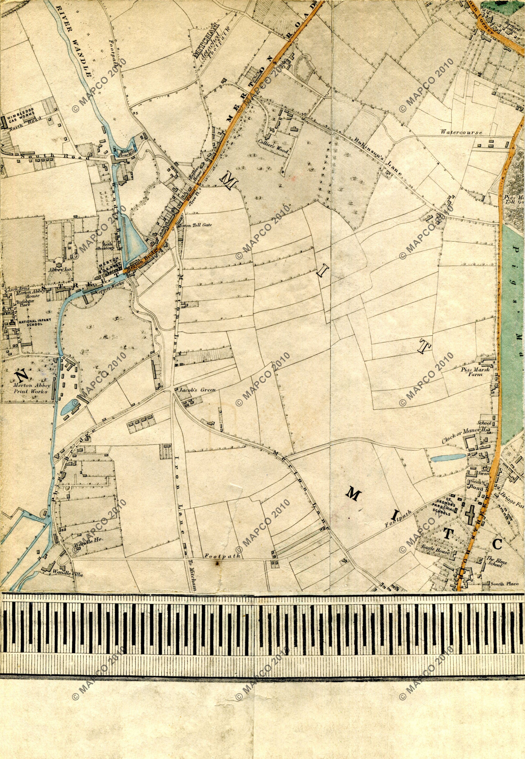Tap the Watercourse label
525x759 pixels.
tap(462, 133)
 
